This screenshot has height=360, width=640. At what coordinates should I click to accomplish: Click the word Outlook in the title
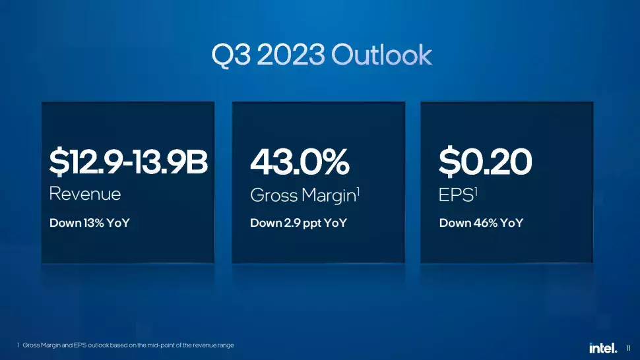pyautogui.click(x=381, y=55)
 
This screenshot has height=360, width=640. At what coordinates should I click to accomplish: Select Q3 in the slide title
pyautogui.click(x=231, y=55)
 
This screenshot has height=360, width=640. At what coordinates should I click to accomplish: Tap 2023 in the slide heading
pyautogui.click(x=291, y=55)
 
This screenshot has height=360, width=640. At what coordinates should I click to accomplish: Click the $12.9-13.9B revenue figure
pyautogui.click(x=128, y=162)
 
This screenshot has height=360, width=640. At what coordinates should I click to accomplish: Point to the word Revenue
pyautogui.click(x=85, y=194)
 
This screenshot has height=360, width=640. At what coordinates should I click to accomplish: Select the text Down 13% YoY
pyautogui.click(x=89, y=223)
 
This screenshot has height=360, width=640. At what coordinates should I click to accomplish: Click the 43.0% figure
pyautogui.click(x=300, y=162)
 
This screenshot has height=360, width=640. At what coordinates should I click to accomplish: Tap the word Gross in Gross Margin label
pyautogui.click(x=274, y=195)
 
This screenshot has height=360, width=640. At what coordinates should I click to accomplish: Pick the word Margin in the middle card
pyautogui.click(x=329, y=196)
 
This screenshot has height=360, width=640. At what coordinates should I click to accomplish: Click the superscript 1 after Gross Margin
pyautogui.click(x=358, y=190)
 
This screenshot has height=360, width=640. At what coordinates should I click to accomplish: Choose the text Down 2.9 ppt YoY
pyautogui.click(x=298, y=224)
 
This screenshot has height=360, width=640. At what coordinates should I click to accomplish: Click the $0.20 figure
pyautogui.click(x=486, y=162)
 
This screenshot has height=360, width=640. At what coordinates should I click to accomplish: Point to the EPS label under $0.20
pyautogui.click(x=456, y=195)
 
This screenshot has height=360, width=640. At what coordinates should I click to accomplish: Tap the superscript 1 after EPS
pyautogui.click(x=476, y=191)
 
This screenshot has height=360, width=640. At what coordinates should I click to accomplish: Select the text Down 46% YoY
pyautogui.click(x=481, y=223)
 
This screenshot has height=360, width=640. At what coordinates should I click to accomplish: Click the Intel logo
pyautogui.click(x=603, y=347)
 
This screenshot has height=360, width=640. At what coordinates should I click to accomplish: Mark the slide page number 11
pyautogui.click(x=628, y=348)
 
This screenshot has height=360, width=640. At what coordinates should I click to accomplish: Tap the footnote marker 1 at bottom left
pyautogui.click(x=18, y=345)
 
